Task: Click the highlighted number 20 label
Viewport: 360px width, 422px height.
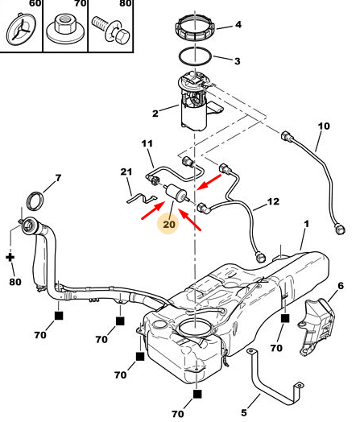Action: (169, 224)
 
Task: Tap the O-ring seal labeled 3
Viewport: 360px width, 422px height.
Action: (196, 56)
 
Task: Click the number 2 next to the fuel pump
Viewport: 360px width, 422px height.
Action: (155, 114)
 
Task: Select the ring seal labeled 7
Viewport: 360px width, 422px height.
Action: (35, 201)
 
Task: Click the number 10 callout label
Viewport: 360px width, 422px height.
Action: (324, 126)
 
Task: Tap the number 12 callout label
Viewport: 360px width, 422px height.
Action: (273, 201)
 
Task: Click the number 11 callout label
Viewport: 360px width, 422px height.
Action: (147, 143)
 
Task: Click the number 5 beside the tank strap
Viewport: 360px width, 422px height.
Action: (244, 412)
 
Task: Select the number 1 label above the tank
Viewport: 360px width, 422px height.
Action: (306, 224)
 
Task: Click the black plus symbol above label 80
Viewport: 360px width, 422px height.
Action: (10, 257)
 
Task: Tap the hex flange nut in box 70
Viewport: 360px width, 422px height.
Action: (64, 28)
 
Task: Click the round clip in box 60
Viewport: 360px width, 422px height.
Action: (21, 30)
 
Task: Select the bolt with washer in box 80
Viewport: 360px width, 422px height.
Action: (111, 30)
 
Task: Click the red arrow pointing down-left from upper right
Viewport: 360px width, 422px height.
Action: (209, 182)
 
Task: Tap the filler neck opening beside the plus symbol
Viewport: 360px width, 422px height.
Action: (28, 225)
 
